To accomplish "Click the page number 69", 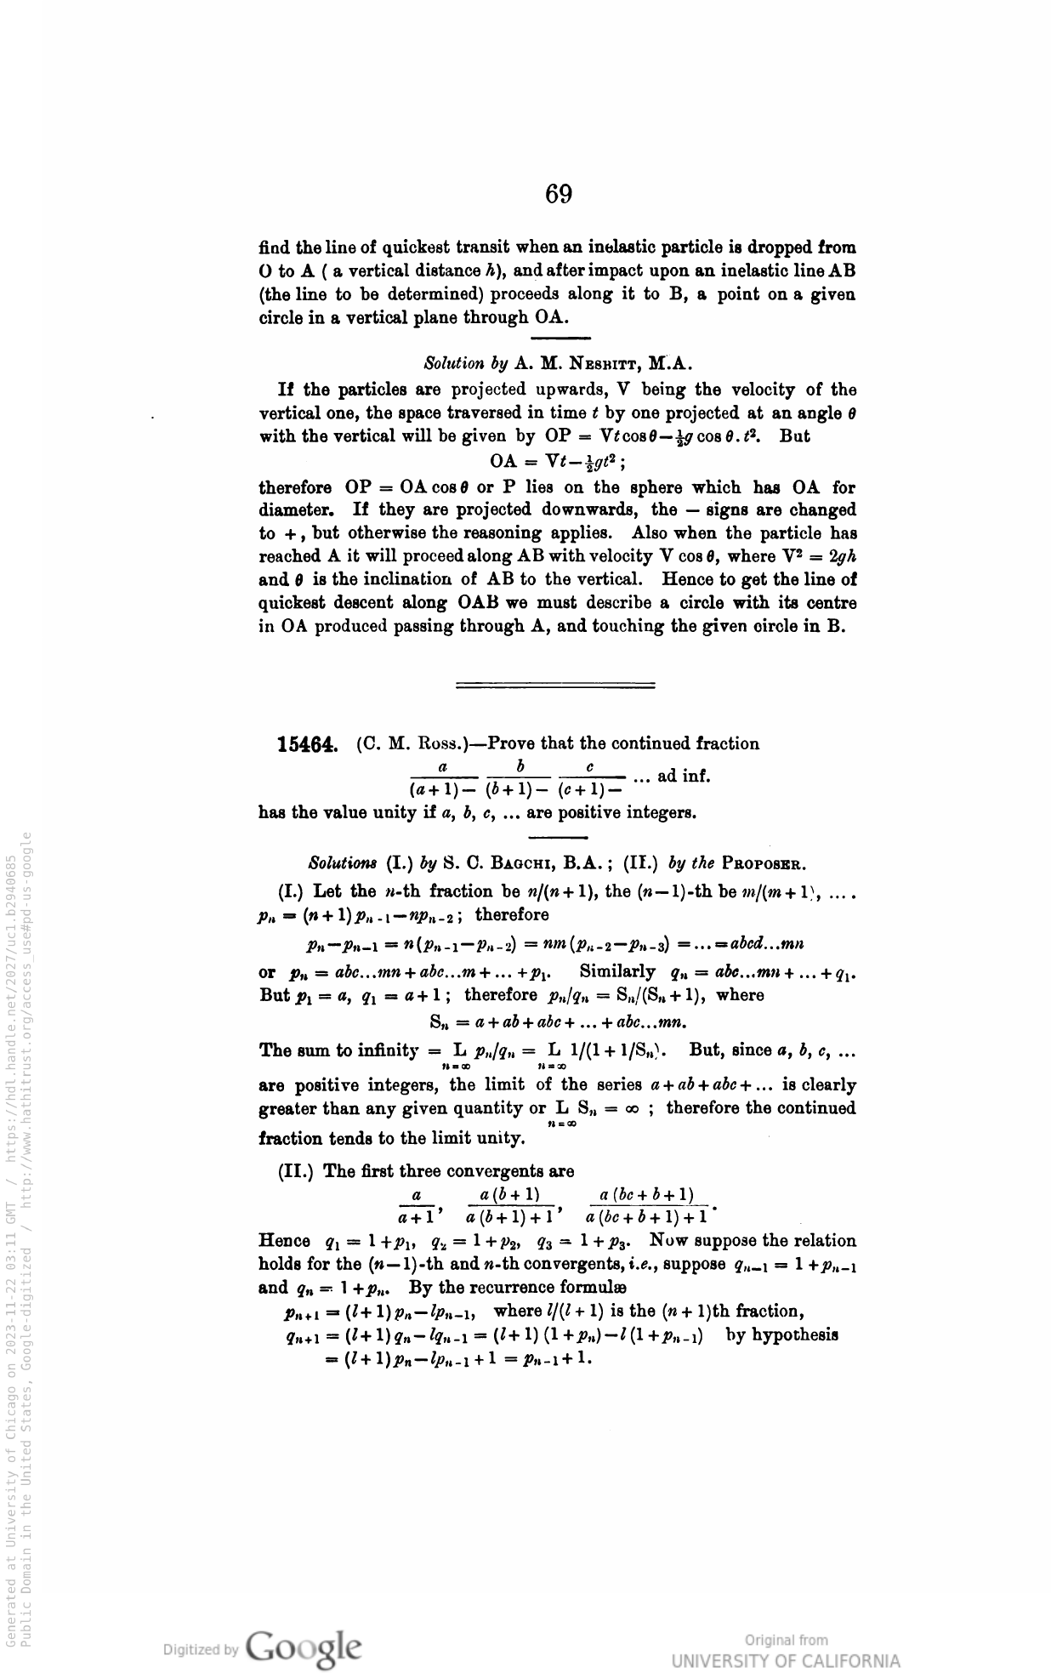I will (x=559, y=195).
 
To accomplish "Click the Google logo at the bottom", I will (x=303, y=1646).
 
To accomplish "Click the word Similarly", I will (x=617, y=971).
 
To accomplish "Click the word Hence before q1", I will (x=283, y=1241).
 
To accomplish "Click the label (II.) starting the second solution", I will (x=298, y=1171).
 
